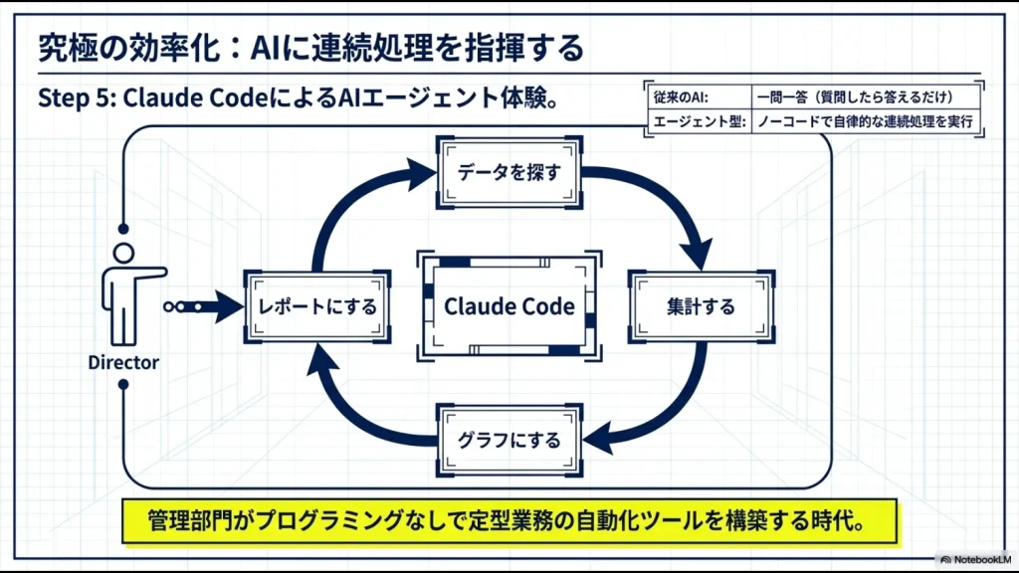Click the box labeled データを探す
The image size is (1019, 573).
tap(509, 172)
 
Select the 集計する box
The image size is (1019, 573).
tap(701, 306)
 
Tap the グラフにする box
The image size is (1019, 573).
tap(509, 440)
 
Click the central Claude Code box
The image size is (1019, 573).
tap(509, 306)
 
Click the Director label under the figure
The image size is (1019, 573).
tap(123, 363)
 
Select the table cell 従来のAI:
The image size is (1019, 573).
tap(687, 97)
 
